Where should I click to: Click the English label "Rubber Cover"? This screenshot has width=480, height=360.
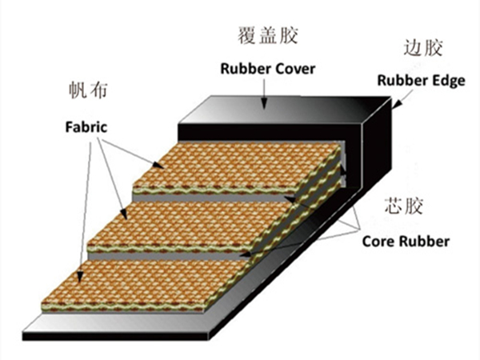pos(268,68)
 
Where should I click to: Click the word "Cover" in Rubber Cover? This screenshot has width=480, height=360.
pos(295,68)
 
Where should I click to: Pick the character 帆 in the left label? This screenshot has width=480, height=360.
pos(77,90)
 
